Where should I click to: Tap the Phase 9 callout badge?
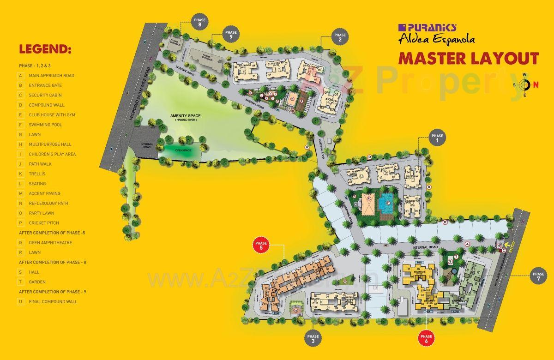pos(230,35)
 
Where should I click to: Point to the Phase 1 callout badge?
pos(437,138)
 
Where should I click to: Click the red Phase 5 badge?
pos(261,246)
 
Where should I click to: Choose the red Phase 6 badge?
pos(426,339)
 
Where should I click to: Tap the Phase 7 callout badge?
pos(538,276)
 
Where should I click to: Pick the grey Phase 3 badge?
pos(312,339)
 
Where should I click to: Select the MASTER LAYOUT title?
pos(469,59)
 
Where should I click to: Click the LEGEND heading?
pos(45,49)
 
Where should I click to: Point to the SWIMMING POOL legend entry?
pos(45,125)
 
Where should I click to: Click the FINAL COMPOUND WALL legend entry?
pos(53,302)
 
